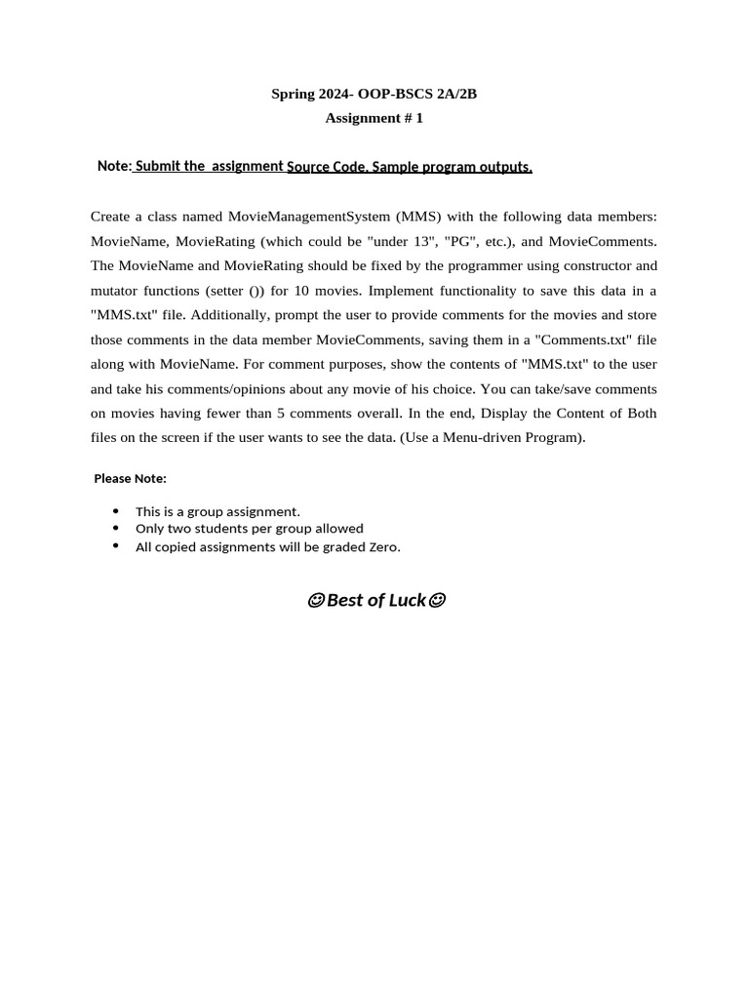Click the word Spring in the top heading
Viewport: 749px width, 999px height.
pos(292,95)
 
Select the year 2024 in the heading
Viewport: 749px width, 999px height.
pos(335,95)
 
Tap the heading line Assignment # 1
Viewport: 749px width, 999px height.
pos(374,119)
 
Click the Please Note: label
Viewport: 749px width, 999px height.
pos(130,478)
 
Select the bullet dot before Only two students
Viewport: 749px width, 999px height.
pos(116,528)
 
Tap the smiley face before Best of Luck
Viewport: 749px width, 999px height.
pos(315,601)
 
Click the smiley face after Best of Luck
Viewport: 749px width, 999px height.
pos(437,601)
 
